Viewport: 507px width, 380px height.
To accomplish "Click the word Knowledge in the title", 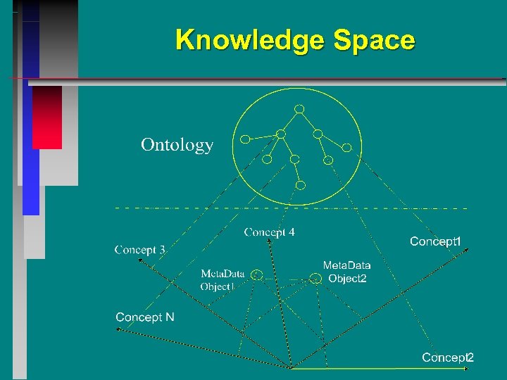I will coord(251,40).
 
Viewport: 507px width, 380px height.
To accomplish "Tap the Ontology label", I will coord(177,145).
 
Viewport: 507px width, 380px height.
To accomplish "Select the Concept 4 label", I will coord(269,232).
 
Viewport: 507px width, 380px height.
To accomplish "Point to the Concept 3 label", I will coord(139,249).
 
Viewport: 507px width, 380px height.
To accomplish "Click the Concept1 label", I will coord(435,242).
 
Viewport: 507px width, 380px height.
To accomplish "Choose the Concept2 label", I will coord(448,357).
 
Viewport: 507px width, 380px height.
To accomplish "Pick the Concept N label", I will coord(145,317).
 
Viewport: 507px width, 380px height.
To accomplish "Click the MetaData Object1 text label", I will coord(222,280).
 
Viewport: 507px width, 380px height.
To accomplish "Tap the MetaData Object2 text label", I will coord(346,272).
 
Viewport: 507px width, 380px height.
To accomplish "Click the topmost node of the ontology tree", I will coord(299,109).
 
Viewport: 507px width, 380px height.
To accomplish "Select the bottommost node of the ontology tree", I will coord(301,186).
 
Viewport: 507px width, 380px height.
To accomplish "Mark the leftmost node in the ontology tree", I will coord(244,139).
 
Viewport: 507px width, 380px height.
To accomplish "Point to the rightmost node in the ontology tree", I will coord(346,148).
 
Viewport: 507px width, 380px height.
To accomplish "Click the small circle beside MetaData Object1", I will coord(258,274).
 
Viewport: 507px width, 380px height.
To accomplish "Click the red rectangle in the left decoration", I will coord(47,117).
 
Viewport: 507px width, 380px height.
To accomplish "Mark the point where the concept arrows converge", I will coord(291,367).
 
